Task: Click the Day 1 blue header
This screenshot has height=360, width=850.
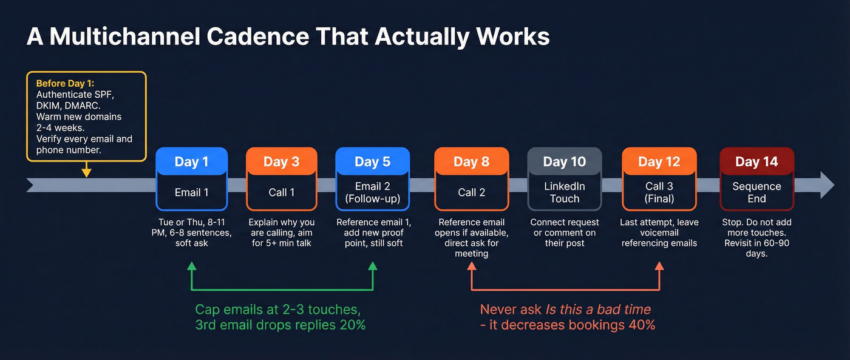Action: [191, 161]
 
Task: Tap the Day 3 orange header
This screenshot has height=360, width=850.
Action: [281, 161]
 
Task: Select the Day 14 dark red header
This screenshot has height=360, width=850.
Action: [756, 161]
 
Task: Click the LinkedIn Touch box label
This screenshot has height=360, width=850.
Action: [565, 192]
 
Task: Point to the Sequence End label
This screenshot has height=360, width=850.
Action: [756, 192]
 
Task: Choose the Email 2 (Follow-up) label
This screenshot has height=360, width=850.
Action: [372, 192]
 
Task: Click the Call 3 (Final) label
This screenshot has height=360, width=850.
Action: [659, 192]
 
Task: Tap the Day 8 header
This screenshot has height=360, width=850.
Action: [471, 161]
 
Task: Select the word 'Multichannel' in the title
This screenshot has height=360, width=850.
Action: [124, 36]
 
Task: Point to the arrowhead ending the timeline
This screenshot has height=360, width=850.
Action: [827, 185]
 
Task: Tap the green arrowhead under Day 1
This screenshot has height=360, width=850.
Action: [191, 266]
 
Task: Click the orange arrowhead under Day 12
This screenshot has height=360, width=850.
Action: [659, 266]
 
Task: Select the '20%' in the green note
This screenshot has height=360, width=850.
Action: [352, 325]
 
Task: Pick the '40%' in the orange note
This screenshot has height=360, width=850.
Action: [642, 325]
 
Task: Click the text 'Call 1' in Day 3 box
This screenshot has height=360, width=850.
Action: [281, 192]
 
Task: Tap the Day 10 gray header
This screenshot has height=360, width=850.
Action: [565, 161]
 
